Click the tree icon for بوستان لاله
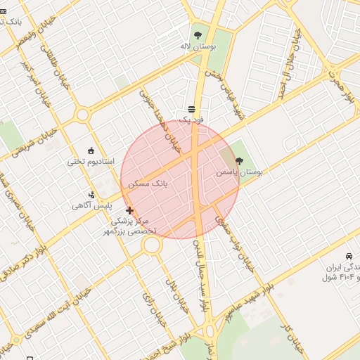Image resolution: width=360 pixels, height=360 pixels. coord(197,34)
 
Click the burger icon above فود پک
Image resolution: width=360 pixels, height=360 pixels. coord(191,109)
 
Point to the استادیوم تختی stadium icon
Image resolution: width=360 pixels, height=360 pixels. coord(91,150)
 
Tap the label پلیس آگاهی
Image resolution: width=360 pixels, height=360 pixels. coord(91,206)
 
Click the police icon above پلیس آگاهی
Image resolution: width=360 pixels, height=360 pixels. coord(91,195)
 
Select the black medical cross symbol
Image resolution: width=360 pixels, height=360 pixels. coord(129,210)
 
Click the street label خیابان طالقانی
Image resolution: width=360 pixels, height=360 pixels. coord(56,67)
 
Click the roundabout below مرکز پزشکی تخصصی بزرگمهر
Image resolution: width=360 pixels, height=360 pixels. coord(152,245)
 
